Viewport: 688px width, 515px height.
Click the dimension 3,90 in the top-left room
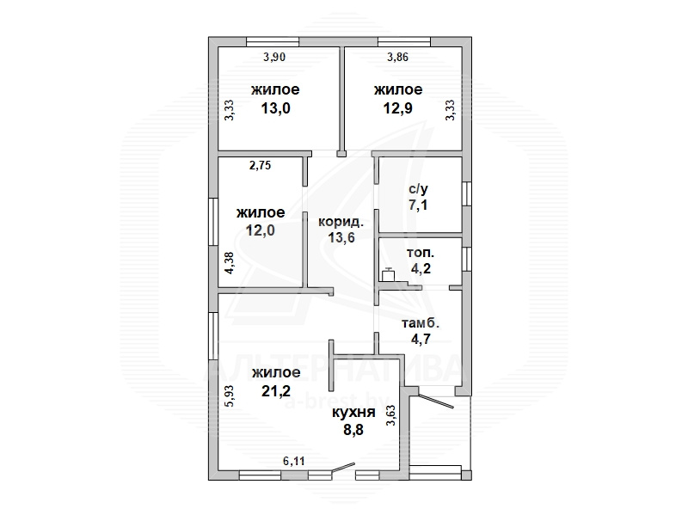tap(274, 57)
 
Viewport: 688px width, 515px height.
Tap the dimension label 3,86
tap(397, 57)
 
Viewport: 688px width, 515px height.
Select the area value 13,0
tap(275, 108)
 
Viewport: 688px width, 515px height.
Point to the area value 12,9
tap(398, 108)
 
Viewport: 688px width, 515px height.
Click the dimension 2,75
tap(261, 165)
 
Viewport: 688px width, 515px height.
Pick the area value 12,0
tap(261, 230)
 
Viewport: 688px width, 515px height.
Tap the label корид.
tap(341, 222)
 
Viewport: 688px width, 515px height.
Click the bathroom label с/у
tap(418, 189)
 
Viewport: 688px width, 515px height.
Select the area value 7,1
tap(418, 205)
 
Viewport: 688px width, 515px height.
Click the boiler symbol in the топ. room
tap(389, 274)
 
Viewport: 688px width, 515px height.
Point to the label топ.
tap(421, 253)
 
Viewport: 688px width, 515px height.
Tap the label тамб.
tap(421, 324)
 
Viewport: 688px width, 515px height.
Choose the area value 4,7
tap(421, 339)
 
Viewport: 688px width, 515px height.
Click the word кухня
tap(353, 413)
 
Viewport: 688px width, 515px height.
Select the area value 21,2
tap(276, 390)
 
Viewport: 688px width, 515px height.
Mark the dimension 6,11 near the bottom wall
tap(294, 461)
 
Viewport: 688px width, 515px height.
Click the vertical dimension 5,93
tap(230, 396)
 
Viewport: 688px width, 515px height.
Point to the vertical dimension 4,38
tap(230, 263)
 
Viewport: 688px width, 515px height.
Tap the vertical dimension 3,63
tap(390, 415)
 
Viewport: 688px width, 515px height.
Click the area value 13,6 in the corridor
tap(341, 238)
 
